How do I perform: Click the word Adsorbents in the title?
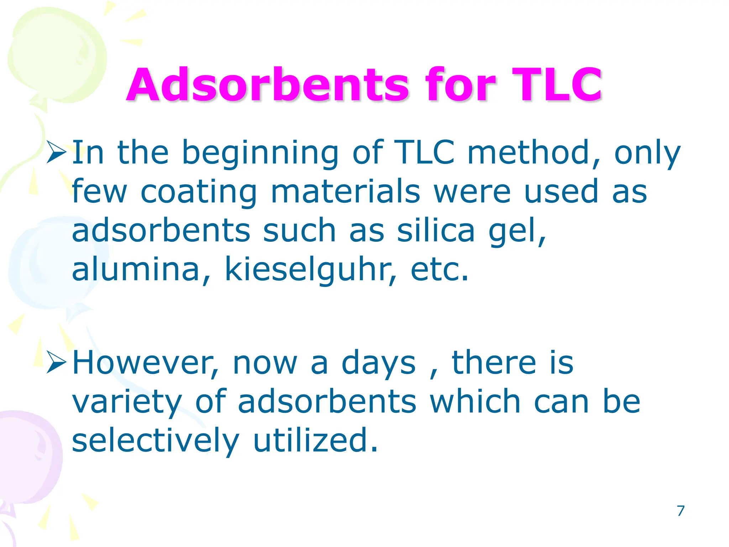click(x=268, y=85)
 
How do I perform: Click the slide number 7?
click(x=681, y=511)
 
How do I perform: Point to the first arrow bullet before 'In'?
click(x=56, y=152)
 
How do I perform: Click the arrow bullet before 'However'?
click(x=56, y=363)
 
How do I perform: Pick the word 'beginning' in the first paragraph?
click(x=260, y=153)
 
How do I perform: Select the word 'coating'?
click(x=199, y=192)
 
